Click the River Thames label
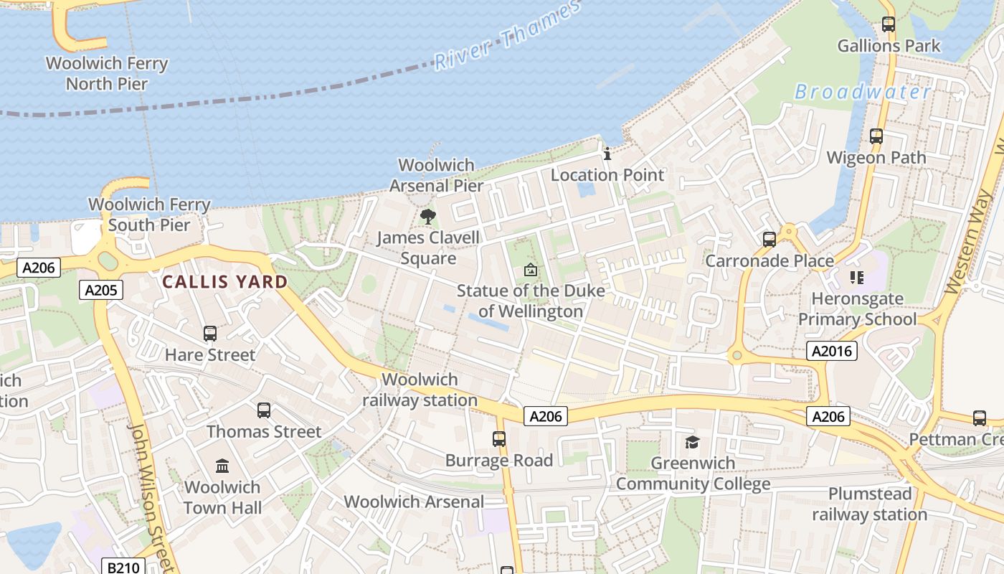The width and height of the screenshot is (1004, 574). pyautogui.click(x=506, y=36)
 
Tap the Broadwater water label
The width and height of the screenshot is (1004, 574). pyautogui.click(x=863, y=92)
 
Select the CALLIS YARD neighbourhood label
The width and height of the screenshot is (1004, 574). pyautogui.click(x=224, y=282)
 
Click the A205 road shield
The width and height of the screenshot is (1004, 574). pyautogui.click(x=101, y=290)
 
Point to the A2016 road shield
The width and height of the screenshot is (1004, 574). pyautogui.click(x=831, y=351)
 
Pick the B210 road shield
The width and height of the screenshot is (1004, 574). pyautogui.click(x=123, y=567)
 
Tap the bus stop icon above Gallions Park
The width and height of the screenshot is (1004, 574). pyautogui.click(x=889, y=24)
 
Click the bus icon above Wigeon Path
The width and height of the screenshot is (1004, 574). pyautogui.click(x=876, y=136)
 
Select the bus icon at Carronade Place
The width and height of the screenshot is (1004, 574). pyautogui.click(x=769, y=239)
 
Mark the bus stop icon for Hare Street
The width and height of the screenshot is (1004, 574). pyautogui.click(x=209, y=334)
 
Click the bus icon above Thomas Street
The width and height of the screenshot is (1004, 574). pyautogui.click(x=264, y=410)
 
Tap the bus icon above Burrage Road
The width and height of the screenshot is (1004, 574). pyautogui.click(x=499, y=439)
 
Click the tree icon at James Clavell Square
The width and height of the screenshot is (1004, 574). pyautogui.click(x=428, y=216)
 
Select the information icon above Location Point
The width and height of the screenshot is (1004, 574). pyautogui.click(x=607, y=154)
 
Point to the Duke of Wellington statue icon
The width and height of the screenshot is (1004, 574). pyautogui.click(x=531, y=270)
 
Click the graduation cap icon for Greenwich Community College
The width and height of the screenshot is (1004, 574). pyautogui.click(x=692, y=442)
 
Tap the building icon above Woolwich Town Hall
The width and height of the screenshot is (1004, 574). pyautogui.click(x=222, y=466)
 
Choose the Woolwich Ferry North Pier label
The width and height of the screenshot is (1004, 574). pyautogui.click(x=107, y=73)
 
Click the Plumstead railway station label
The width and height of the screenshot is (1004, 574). pyautogui.click(x=870, y=504)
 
